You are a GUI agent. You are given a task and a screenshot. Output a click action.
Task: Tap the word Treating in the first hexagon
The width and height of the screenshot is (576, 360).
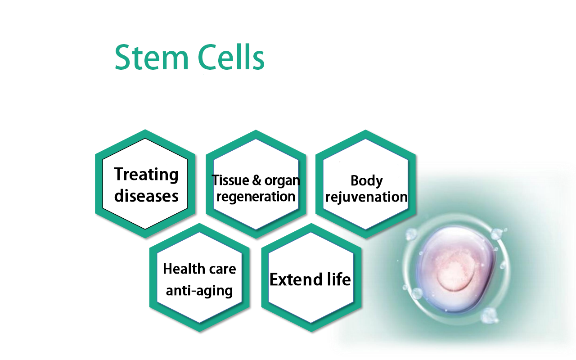click(146, 175)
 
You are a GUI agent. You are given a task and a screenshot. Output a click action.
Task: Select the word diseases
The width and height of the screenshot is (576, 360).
click(146, 196)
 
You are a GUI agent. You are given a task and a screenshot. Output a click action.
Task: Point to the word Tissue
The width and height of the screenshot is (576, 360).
click(229, 180)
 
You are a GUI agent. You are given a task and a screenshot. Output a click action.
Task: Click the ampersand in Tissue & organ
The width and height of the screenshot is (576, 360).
click(257, 181)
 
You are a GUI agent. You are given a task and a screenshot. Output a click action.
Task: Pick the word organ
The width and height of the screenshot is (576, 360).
click(282, 181)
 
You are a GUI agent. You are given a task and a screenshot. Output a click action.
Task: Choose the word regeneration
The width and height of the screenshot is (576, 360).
click(256, 197)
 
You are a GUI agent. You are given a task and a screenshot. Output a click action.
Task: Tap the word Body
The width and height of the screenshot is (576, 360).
click(367, 181)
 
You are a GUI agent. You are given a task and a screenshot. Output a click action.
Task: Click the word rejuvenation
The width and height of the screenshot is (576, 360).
click(367, 197)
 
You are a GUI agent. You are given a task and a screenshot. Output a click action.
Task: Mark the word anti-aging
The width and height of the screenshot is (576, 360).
click(199, 291)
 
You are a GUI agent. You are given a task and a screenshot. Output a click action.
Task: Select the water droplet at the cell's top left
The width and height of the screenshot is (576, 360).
click(411, 234)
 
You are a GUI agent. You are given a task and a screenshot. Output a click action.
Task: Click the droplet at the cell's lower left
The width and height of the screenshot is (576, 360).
click(417, 294)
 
